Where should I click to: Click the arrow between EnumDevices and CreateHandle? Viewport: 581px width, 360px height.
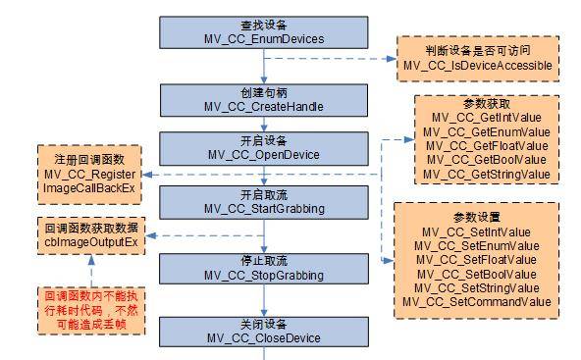tap(262, 67)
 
